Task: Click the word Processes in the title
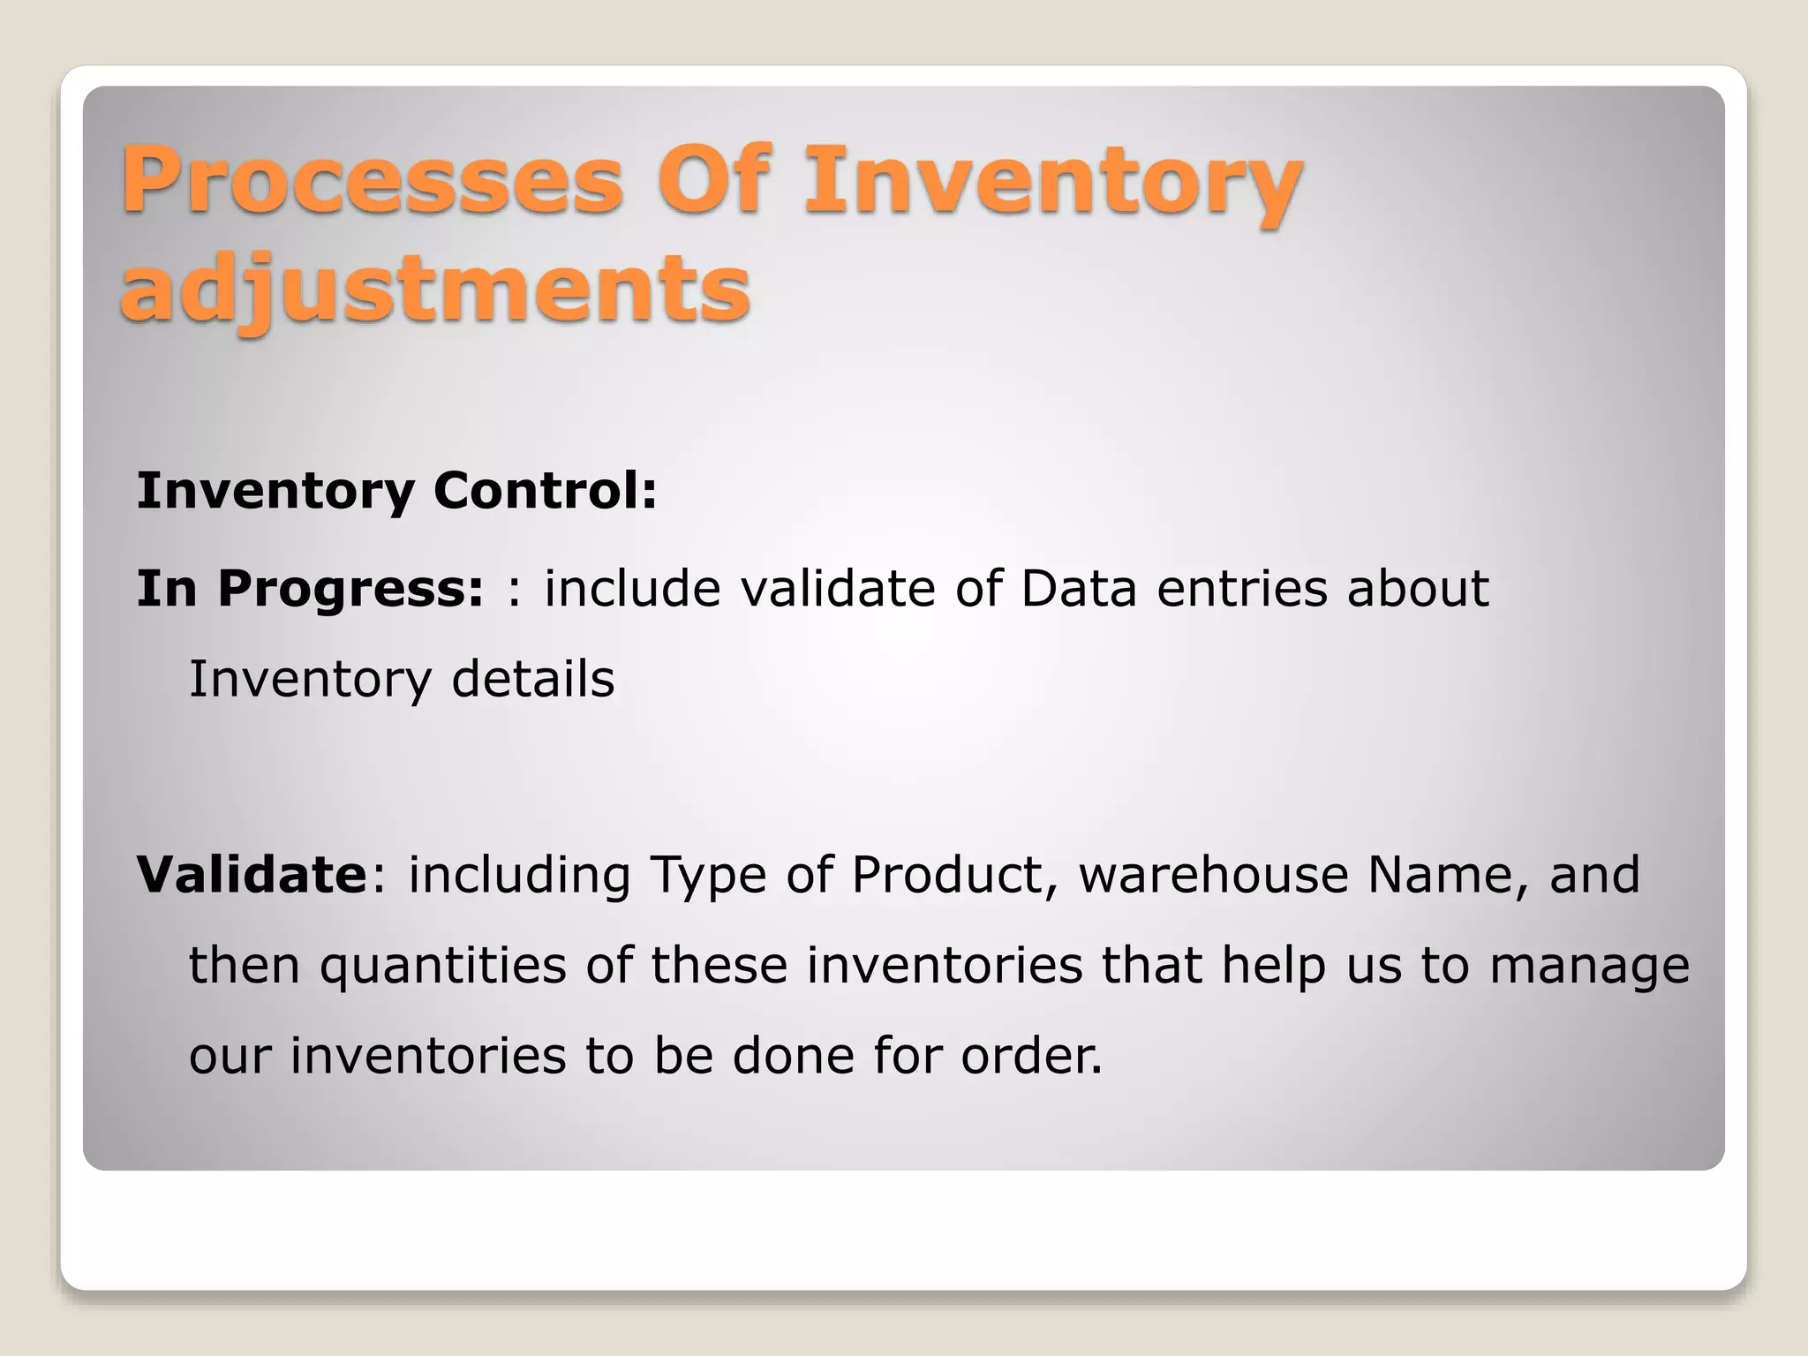(x=372, y=180)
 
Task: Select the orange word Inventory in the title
(x=1052, y=180)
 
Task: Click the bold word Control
(x=545, y=491)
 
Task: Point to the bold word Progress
(x=350, y=589)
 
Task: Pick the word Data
(x=1078, y=589)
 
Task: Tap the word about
(x=1417, y=589)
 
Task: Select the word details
(x=532, y=680)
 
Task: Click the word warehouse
(x=1213, y=875)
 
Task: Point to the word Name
(x=1447, y=875)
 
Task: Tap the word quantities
(x=442, y=966)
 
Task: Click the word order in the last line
(x=1030, y=1056)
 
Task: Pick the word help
(x=1274, y=966)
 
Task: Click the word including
(x=519, y=877)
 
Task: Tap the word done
(x=794, y=1056)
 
